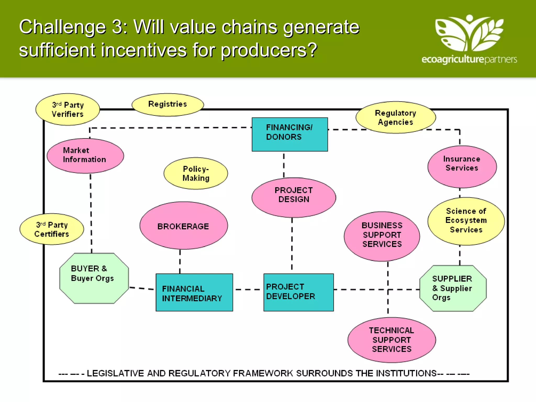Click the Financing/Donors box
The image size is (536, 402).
[x=290, y=134]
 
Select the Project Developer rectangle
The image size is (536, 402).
[x=299, y=292]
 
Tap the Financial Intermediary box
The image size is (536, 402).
[x=194, y=292]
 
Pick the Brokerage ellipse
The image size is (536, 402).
[x=183, y=226]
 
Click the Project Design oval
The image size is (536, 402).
[x=294, y=197]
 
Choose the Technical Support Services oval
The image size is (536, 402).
[x=392, y=340]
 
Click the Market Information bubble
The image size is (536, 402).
[x=85, y=156]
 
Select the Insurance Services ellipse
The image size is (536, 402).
[x=462, y=166]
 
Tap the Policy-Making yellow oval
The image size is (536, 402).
[x=196, y=173]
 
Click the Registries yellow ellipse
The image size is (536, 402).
[x=167, y=104]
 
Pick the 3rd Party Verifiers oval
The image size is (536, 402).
[x=68, y=109]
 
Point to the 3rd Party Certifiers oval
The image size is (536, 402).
[x=52, y=229]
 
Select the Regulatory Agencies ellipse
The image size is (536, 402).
[x=395, y=118]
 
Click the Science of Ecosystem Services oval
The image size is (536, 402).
[x=466, y=221]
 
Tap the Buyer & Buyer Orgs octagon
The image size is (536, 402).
[x=94, y=278]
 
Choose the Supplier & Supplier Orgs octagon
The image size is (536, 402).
[x=453, y=288]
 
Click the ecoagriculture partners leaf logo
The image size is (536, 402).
[x=469, y=33]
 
